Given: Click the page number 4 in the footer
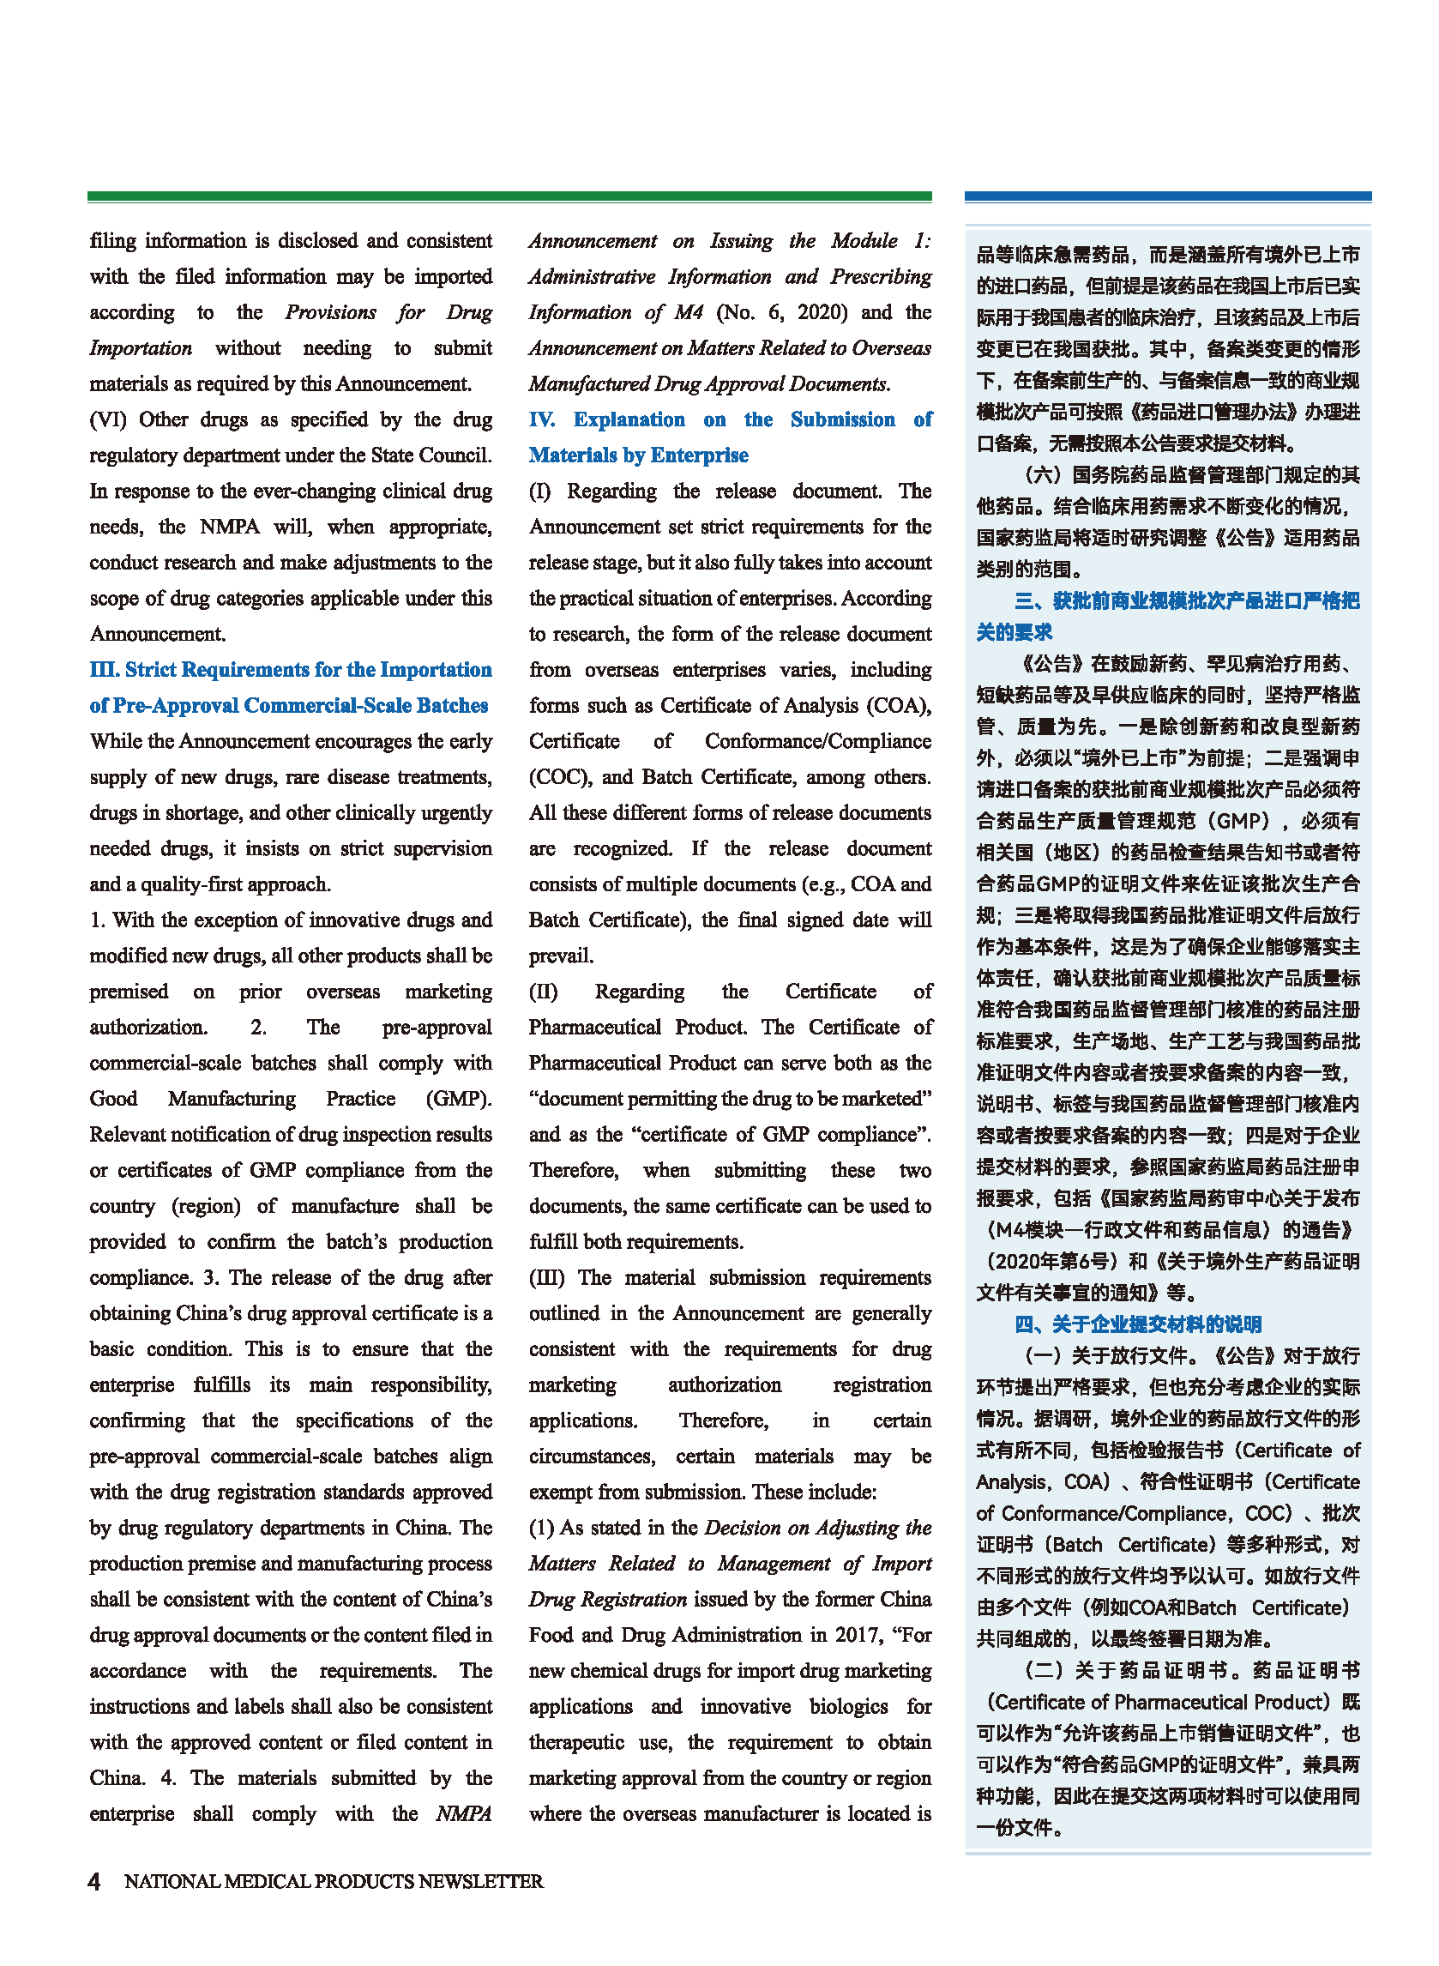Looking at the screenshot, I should pyautogui.click(x=94, y=1881).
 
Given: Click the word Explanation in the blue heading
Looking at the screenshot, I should pyautogui.click(x=629, y=419).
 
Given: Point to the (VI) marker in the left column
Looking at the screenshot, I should pyautogui.click(x=109, y=419).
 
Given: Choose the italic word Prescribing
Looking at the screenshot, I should pyautogui.click(x=881, y=277).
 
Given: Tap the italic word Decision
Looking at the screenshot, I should pyautogui.click(x=742, y=1528).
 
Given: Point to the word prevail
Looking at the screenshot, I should pyautogui.click(x=560, y=956).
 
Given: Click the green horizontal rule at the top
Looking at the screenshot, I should pyautogui.click(x=509, y=197).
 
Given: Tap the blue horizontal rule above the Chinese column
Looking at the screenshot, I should pyautogui.click(x=1167, y=197).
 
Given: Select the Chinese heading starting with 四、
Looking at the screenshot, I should pyautogui.click(x=1138, y=1325).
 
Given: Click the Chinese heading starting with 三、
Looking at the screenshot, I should pyautogui.click(x=1186, y=601).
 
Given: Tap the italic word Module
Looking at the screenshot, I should pyautogui.click(x=864, y=241).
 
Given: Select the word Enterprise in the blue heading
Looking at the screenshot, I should pyautogui.click(x=700, y=455).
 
